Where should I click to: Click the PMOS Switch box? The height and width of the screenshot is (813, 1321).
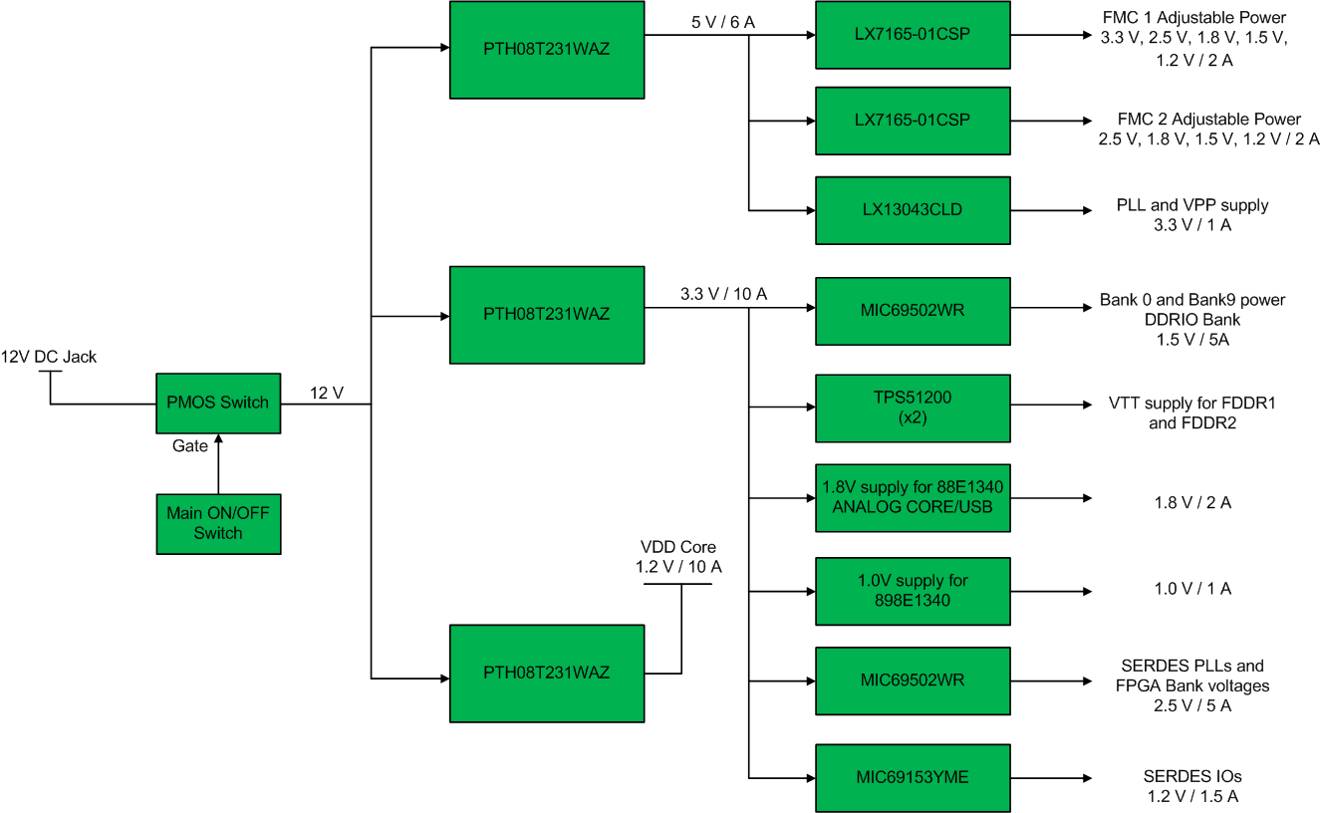click(217, 403)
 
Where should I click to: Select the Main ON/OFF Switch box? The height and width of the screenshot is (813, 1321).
click(217, 523)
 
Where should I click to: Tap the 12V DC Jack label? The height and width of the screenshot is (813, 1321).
click(49, 357)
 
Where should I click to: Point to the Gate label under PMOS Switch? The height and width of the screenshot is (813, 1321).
click(189, 446)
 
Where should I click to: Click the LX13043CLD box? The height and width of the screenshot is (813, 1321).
click(912, 210)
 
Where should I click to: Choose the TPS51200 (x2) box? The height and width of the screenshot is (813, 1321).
click(912, 407)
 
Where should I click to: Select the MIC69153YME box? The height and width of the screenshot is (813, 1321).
click(912, 777)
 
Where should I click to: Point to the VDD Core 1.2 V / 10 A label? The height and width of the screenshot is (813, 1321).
click(677, 557)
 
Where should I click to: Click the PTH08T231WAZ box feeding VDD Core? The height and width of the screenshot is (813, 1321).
click(546, 673)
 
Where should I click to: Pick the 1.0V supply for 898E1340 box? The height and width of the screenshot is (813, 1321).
click(912, 590)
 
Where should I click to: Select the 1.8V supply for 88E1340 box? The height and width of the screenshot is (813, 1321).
click(912, 497)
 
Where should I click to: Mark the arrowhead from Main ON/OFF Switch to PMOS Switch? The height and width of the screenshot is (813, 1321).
click(218, 439)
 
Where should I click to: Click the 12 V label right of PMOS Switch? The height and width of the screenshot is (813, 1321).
click(326, 394)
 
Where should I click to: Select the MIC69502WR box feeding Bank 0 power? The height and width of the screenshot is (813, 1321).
click(912, 310)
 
